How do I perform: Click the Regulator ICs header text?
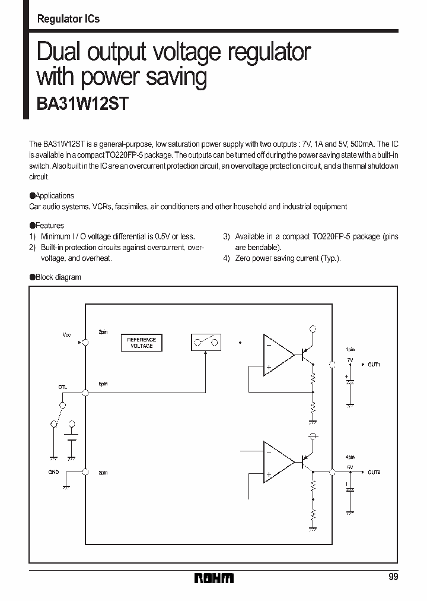(x=68, y=19)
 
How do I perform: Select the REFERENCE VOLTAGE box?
(x=141, y=343)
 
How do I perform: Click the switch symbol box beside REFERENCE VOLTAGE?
(x=206, y=342)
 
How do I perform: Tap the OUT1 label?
(x=374, y=364)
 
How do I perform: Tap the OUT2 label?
(x=374, y=472)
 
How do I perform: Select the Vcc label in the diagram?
(x=66, y=335)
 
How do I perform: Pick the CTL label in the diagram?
(x=63, y=387)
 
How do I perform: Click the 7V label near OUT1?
(x=350, y=360)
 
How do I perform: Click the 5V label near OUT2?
(x=350, y=467)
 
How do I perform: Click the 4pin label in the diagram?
(x=350, y=457)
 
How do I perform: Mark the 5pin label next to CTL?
(x=103, y=384)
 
